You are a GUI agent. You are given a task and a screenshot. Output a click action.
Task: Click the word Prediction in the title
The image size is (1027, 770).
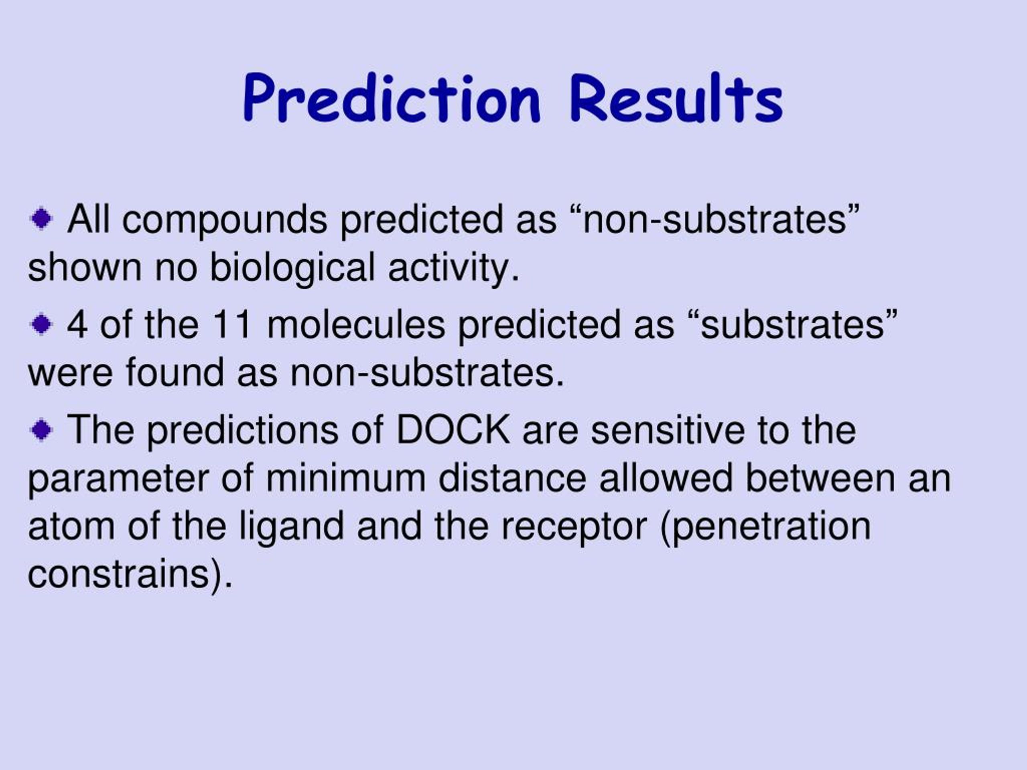392,98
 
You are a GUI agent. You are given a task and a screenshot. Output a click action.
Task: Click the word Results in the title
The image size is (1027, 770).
676,98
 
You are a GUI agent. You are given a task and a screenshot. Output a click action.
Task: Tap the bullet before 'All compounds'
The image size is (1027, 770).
42,218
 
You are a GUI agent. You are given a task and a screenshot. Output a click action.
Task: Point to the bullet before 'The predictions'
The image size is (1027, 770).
42,430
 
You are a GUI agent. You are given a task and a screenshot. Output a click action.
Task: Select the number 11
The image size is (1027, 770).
232,324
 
